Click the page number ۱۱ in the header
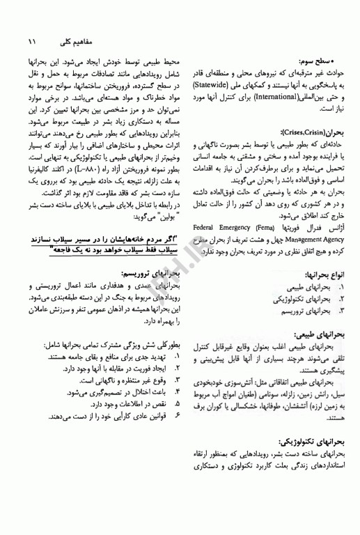tap(32, 42)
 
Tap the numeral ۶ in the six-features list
tap(178, 417)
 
